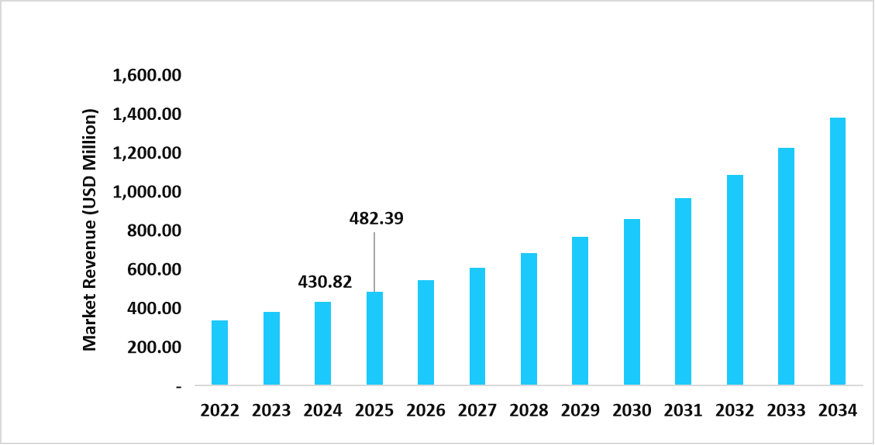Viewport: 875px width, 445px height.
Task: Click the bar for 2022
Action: tap(219, 353)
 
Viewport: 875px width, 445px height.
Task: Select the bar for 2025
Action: tap(374, 338)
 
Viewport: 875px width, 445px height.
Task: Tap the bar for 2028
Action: tap(529, 319)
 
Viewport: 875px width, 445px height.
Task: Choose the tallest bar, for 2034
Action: tap(837, 251)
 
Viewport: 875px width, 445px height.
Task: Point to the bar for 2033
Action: tap(786, 266)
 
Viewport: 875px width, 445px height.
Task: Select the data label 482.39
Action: tap(376, 218)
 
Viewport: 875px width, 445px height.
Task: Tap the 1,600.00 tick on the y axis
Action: tap(146, 76)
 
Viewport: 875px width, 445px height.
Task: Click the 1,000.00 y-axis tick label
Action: tap(146, 192)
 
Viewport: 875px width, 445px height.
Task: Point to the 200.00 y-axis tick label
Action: tap(153, 347)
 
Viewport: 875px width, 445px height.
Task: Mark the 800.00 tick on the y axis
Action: tap(153, 231)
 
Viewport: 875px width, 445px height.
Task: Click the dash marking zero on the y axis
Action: tap(179, 385)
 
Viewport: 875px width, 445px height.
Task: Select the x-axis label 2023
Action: tap(271, 410)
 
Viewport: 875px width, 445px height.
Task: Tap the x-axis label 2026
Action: tap(425, 410)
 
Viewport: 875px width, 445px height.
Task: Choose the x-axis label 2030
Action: tap(632, 410)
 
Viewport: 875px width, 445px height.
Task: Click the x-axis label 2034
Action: tap(837, 410)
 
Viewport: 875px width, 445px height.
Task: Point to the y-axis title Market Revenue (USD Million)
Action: tap(91, 230)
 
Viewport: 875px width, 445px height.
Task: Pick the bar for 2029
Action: tap(580, 310)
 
